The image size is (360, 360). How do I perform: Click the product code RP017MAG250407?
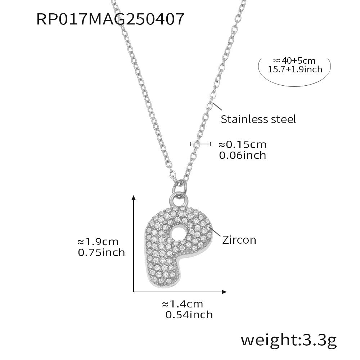click(x=111, y=19)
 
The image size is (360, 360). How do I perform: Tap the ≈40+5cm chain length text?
click(x=294, y=60)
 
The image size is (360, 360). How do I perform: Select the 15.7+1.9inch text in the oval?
click(x=295, y=69)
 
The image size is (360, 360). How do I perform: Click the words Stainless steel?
click(x=258, y=119)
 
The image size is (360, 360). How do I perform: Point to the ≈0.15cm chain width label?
click(x=242, y=145)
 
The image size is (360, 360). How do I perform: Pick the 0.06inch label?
click(x=242, y=155)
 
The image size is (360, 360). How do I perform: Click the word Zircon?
click(x=239, y=240)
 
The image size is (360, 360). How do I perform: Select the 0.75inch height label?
click(x=101, y=252)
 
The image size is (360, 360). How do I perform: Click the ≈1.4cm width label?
click(x=183, y=304)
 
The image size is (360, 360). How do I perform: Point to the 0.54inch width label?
click(x=189, y=315)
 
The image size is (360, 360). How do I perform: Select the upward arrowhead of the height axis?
click(x=134, y=198)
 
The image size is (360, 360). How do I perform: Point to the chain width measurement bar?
click(x=200, y=144)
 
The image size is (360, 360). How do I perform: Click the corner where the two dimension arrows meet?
click(x=134, y=291)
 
